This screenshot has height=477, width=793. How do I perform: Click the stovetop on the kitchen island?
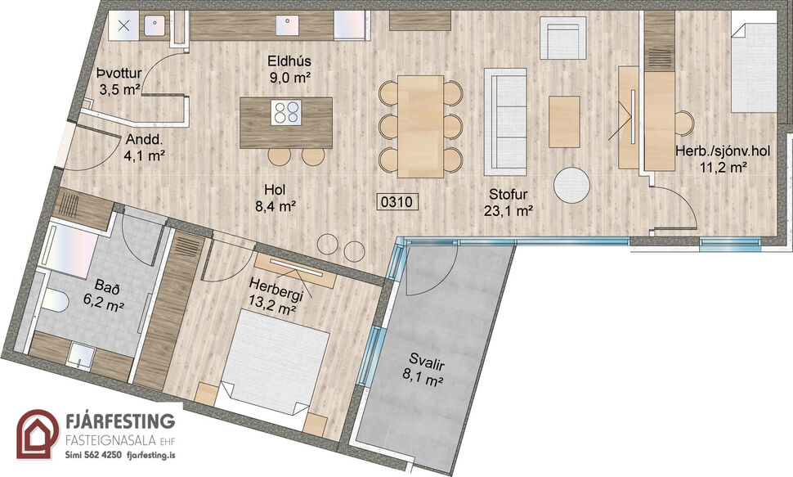[x=285, y=112]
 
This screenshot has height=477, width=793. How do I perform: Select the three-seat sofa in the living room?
[x=505, y=122]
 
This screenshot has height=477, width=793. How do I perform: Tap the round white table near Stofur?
[x=571, y=185]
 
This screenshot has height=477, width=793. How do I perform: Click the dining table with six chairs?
[x=420, y=126]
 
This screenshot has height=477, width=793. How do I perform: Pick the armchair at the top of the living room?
[x=562, y=38]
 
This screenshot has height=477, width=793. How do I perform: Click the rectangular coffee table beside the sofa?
[x=564, y=121]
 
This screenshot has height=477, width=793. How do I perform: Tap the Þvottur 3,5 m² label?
[x=119, y=80]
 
